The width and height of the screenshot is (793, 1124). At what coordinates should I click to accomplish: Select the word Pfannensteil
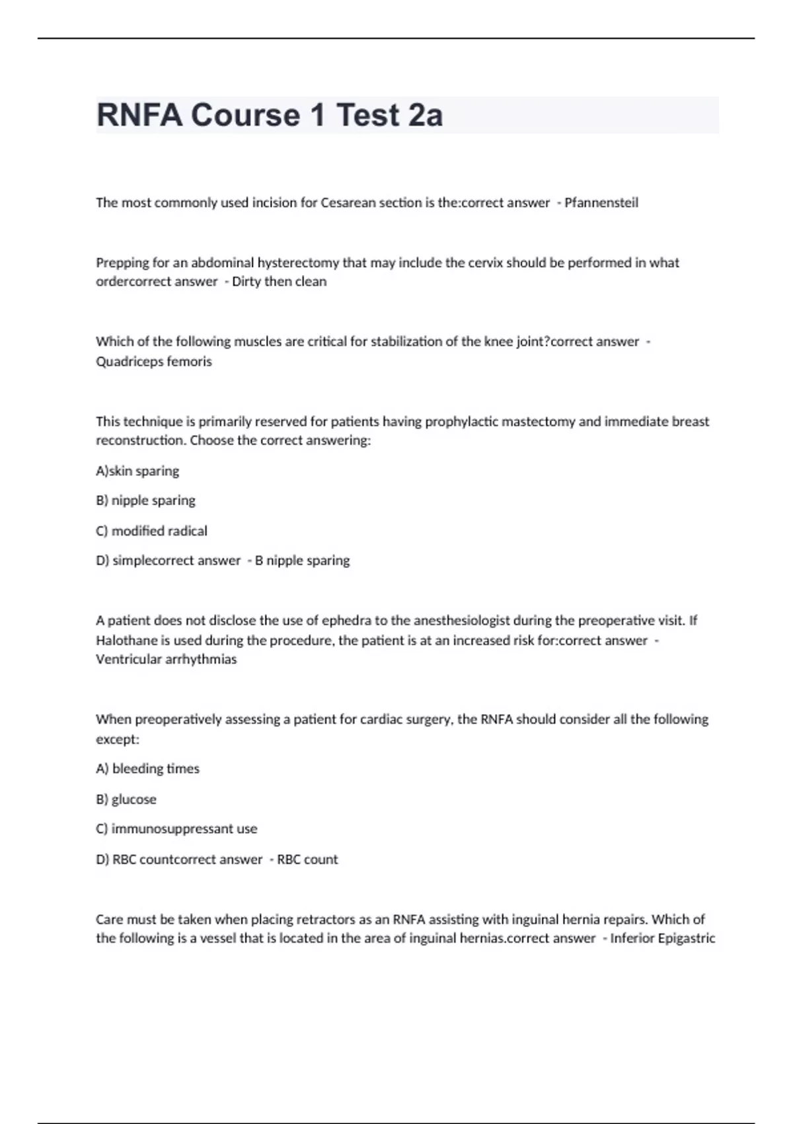[601, 203]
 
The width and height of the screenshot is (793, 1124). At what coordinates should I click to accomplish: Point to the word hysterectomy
[298, 262]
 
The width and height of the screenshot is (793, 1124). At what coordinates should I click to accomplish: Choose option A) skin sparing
[137, 471]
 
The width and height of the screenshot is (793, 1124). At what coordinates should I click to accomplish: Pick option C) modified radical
[151, 531]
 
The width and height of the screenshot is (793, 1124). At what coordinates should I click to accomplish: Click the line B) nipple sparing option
[145, 501]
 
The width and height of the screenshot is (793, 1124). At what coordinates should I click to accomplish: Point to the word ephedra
[346, 620]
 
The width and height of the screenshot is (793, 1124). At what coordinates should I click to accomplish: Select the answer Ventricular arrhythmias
[166, 659]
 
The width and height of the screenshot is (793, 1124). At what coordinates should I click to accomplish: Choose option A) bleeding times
[147, 769]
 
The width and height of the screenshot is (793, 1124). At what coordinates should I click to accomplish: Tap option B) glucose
[126, 799]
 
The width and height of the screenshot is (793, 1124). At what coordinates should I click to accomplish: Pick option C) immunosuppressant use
[176, 829]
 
